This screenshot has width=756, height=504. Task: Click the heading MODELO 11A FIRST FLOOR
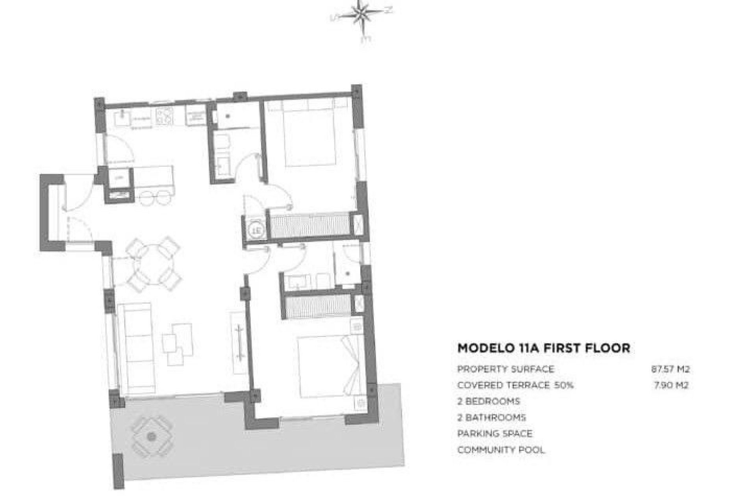[543, 348]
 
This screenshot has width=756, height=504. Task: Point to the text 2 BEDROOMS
[488, 401]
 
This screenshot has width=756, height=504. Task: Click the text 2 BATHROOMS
[491, 417]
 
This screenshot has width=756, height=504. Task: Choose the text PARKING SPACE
[495, 434]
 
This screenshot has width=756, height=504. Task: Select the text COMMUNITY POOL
[501, 450]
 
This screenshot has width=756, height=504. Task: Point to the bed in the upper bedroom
[309, 134]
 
